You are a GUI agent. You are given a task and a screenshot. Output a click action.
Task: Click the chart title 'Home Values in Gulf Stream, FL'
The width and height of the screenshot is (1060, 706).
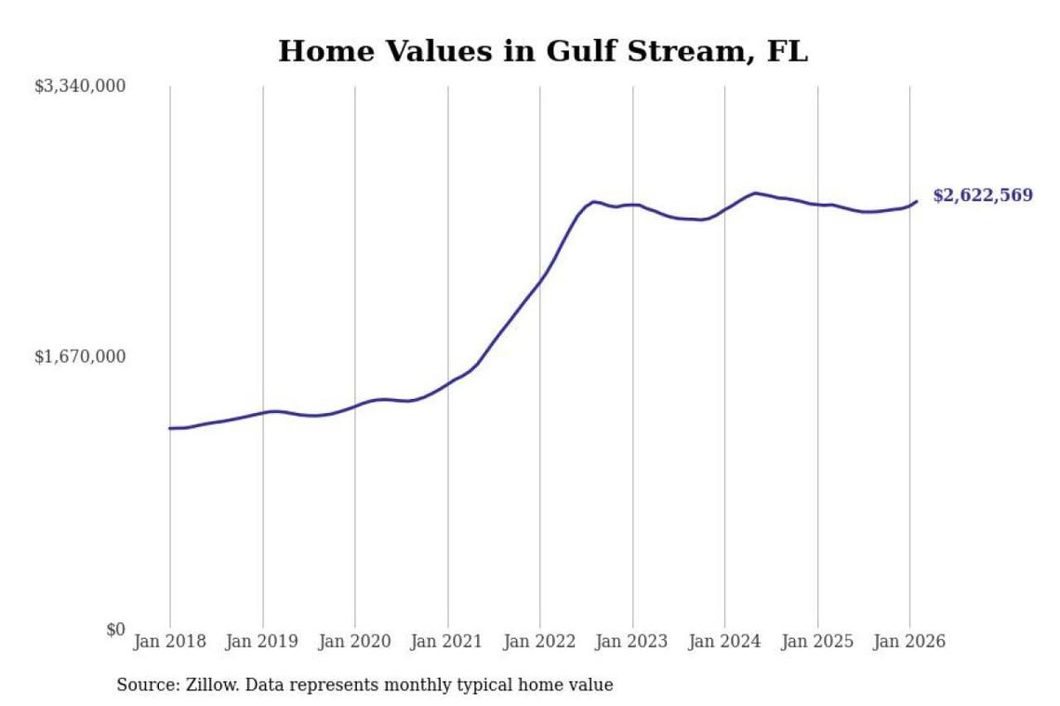coord(543,51)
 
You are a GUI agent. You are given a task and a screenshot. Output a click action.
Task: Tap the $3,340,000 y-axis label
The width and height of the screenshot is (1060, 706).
coord(80,87)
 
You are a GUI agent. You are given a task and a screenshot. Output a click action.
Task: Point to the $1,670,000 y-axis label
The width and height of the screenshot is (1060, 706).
coord(80,357)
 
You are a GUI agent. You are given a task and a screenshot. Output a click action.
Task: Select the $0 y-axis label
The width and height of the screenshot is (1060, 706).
coord(115,630)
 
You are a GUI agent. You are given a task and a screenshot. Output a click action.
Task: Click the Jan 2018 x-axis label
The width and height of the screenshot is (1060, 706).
coord(170,642)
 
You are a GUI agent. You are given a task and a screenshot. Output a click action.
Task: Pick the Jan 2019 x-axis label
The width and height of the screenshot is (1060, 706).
coord(263,642)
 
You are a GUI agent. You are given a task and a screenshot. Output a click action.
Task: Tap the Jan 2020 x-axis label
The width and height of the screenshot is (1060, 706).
coord(355,642)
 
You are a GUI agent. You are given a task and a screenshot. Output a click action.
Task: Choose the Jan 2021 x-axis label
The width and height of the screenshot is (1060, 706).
coord(448,642)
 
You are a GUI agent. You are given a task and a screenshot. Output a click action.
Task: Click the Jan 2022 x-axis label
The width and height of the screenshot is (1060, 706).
coord(540,642)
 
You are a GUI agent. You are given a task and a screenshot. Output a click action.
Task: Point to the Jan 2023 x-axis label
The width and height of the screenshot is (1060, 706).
coord(633,642)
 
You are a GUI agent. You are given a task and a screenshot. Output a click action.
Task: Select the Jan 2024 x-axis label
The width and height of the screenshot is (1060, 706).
coord(725,642)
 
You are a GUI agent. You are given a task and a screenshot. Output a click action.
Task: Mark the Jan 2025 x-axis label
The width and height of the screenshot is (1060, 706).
coord(818,642)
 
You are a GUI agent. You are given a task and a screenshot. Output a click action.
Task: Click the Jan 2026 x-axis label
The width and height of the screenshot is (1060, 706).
coord(910,642)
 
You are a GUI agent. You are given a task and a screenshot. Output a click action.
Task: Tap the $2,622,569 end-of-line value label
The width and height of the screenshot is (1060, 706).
coord(983,196)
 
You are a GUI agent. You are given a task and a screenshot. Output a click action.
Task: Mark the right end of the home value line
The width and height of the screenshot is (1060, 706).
coord(917,201)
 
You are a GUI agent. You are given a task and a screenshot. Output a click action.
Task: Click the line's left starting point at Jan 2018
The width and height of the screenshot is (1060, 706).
coord(170,428)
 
